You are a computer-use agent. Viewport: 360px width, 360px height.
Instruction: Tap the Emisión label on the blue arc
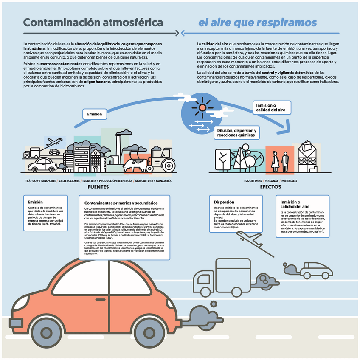pyautogui.click(x=94, y=114)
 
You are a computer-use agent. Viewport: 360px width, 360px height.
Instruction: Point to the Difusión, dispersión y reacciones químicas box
pyautogui.click(x=236, y=132)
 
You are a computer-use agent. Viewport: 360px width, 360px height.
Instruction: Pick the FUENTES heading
pyautogui.click(x=98, y=187)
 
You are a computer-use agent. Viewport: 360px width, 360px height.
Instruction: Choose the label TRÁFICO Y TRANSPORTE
pyautogui.click(x=41, y=181)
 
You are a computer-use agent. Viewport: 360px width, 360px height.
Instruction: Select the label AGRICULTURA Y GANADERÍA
pyautogui.click(x=154, y=181)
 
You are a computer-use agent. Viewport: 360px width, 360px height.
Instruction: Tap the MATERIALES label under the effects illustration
pyautogui.click(x=289, y=181)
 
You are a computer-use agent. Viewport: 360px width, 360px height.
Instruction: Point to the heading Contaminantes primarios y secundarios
pyautogui.click(x=121, y=203)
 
